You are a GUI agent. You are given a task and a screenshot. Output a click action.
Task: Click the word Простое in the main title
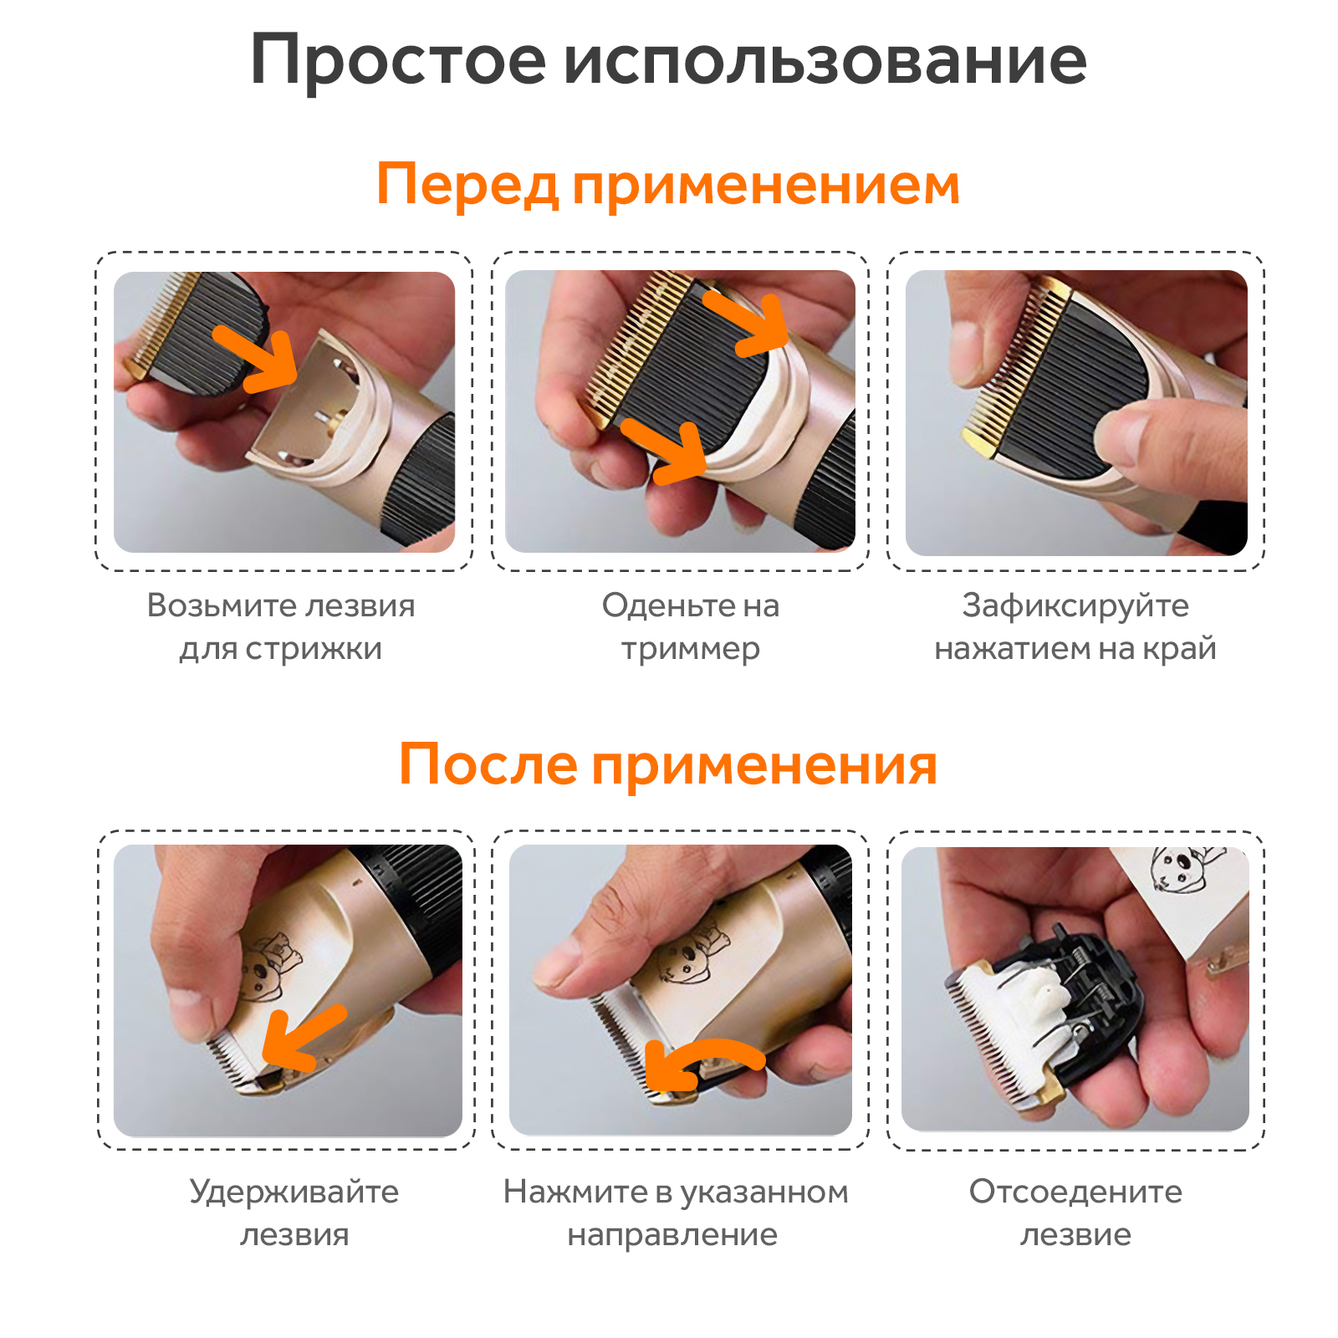click(x=398, y=61)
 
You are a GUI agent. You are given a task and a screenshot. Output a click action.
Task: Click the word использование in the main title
click(x=825, y=60)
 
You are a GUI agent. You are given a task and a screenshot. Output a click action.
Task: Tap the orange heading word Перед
click(x=467, y=186)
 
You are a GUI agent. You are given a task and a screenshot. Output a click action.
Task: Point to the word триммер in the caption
click(x=691, y=650)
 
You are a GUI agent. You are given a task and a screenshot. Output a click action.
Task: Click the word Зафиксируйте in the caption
click(x=1075, y=606)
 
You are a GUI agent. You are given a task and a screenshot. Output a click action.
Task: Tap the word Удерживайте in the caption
click(x=294, y=1192)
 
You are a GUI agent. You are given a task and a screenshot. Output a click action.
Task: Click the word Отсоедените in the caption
click(x=1075, y=1192)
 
